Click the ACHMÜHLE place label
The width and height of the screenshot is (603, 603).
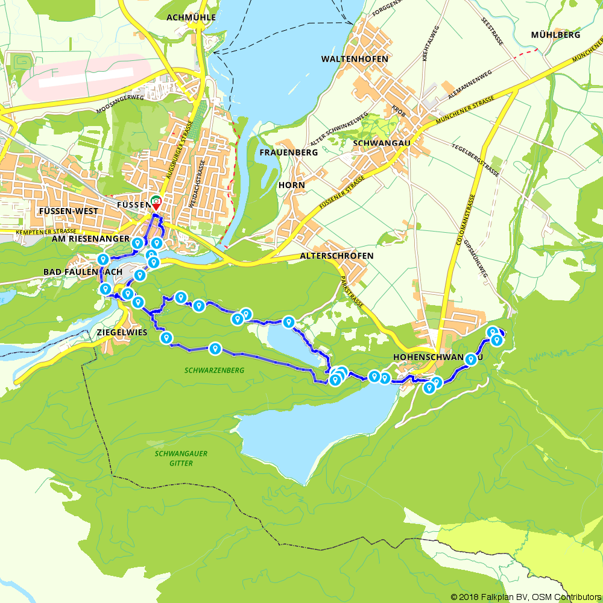click(x=191, y=17)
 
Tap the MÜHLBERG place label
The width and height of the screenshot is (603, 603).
click(x=555, y=35)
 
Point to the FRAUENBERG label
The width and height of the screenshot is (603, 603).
click(x=288, y=153)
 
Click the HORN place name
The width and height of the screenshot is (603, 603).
click(x=292, y=185)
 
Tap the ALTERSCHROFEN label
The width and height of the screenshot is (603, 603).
click(x=336, y=256)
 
